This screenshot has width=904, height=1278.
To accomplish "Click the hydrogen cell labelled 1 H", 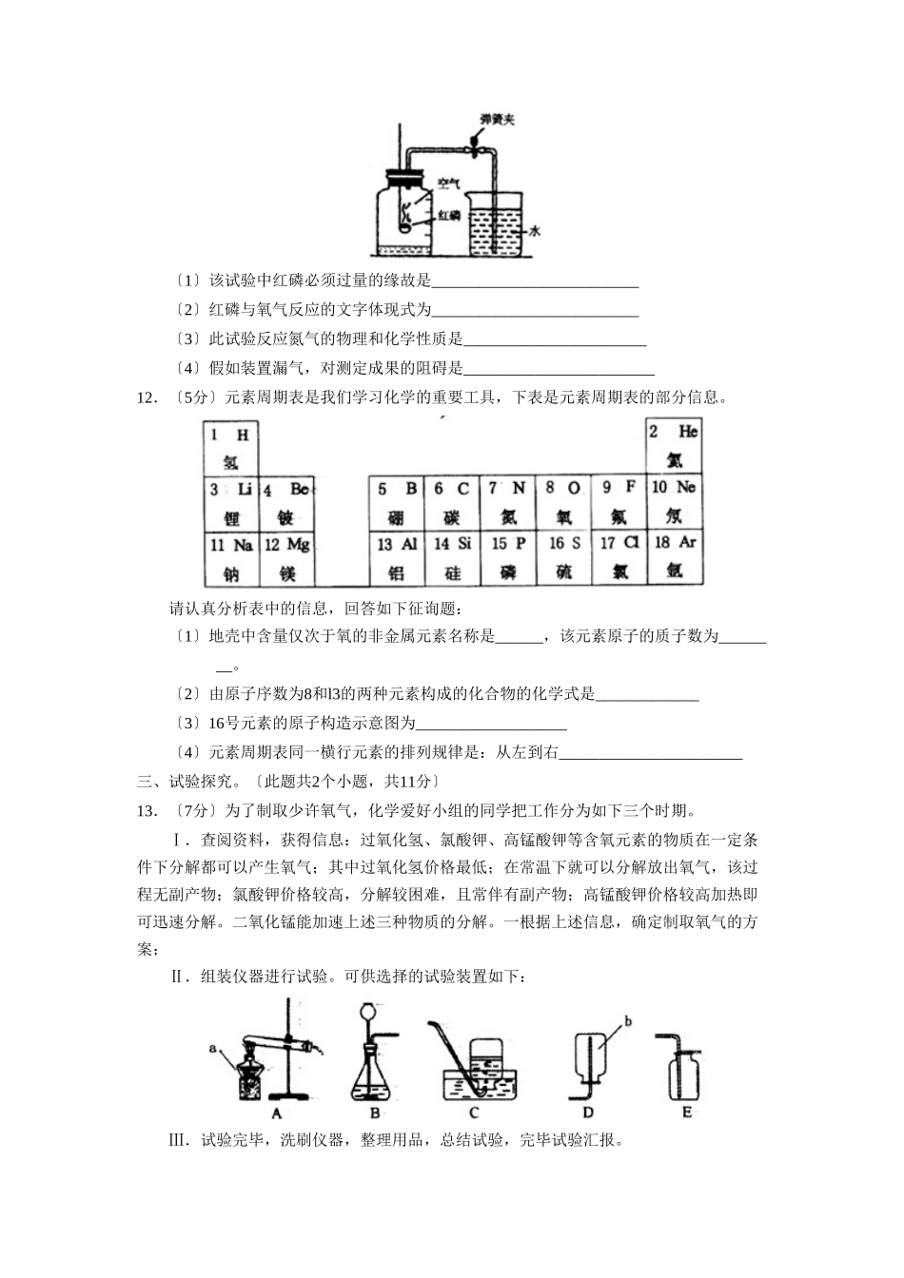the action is coord(229,448).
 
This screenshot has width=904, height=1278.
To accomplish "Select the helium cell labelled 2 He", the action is coord(674,445).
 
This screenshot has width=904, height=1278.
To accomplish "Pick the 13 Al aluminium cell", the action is coord(397,558).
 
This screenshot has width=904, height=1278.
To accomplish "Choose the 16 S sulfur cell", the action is coord(563,557).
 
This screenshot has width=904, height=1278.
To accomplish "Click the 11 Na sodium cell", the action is coord(231,559).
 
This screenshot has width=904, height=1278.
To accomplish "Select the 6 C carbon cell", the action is coord(452,503).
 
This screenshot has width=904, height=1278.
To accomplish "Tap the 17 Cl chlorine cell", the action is coord(619,557).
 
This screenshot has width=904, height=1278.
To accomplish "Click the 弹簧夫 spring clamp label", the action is coord(497,120).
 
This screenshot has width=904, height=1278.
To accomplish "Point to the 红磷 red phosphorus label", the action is coord(449,215).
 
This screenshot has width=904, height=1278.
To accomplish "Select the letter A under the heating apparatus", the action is coord(276,1113).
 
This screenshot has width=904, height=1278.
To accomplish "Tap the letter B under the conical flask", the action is coord(375,1113).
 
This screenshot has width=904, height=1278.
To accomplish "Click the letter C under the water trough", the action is coord(474,1113).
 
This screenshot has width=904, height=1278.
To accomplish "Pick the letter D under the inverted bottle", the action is coord(587,1113).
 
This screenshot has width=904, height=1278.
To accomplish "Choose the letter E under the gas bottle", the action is coord(686,1113).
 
